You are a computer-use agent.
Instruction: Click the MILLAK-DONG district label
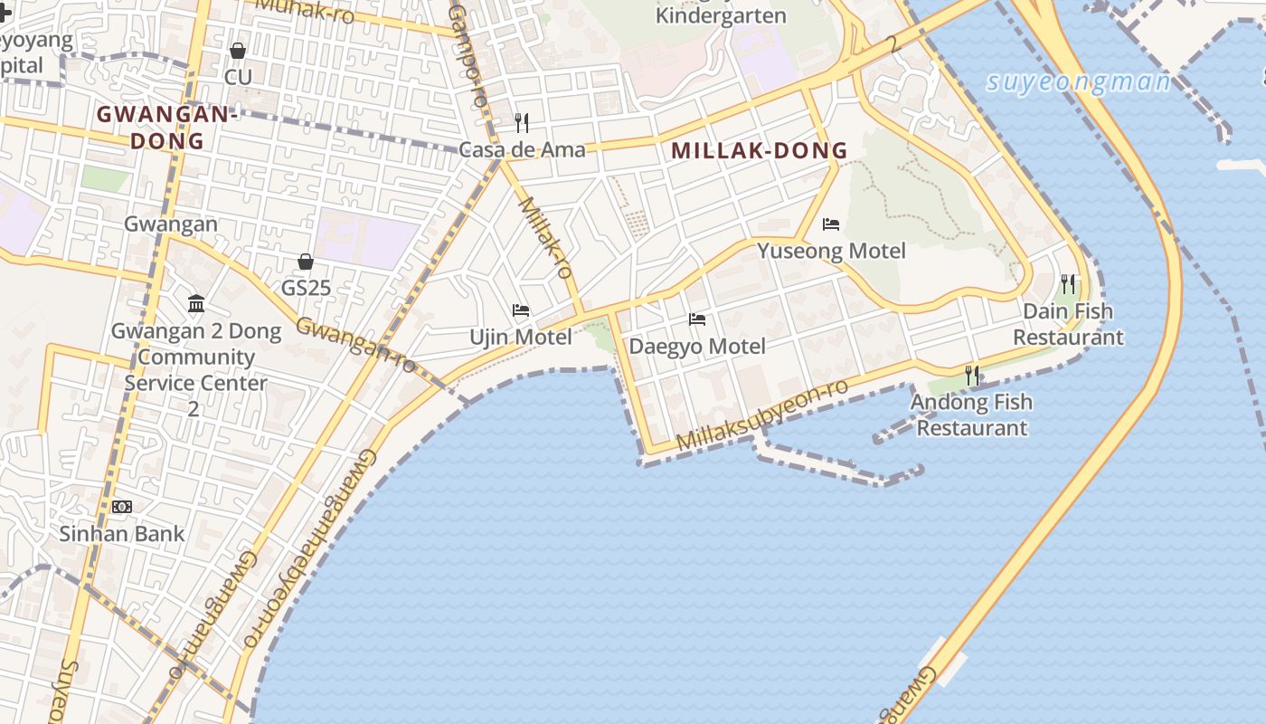[760, 151]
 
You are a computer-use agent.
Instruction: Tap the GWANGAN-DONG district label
[167, 128]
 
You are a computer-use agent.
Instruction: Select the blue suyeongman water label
[1078, 82]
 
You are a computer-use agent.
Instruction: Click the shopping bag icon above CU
[238, 51]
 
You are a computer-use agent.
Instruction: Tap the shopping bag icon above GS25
[306, 262]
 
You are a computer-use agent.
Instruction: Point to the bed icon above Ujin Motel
[521, 310]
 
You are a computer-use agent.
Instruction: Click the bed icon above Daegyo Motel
[697, 319]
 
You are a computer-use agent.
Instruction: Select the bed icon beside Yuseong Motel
[831, 224]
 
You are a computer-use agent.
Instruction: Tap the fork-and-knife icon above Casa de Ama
[522, 122]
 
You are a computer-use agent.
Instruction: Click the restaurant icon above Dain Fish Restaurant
[1068, 284]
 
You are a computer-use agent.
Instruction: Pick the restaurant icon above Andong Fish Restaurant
[973, 375]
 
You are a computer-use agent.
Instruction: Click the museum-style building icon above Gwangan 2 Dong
[196, 303]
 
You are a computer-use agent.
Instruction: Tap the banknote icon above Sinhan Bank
[122, 507]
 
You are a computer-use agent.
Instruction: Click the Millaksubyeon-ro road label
[762, 414]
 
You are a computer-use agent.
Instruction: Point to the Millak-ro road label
[545, 236]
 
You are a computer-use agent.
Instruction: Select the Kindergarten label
[721, 15]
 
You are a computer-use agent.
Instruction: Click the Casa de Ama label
[523, 149]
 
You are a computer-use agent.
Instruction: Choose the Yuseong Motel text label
[831, 251]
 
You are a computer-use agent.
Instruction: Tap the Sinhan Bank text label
[122, 534]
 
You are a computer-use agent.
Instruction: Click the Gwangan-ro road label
[356, 345]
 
